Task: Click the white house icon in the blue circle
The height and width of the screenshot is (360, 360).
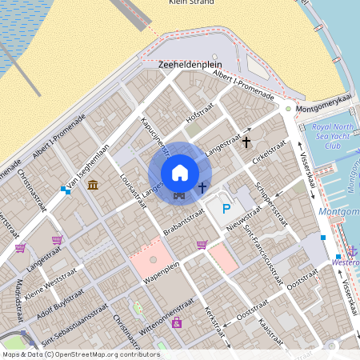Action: [x=180, y=173]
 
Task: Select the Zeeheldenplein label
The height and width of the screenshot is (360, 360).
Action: [x=190, y=63]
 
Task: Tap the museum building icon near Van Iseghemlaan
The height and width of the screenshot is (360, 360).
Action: [x=94, y=186]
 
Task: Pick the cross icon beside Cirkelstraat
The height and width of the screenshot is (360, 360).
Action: [x=246, y=142]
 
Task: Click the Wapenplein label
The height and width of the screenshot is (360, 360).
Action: [x=159, y=281]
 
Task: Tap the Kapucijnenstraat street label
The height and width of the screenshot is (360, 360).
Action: [x=156, y=135]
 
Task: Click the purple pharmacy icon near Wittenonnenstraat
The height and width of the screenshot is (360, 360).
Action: [x=177, y=322]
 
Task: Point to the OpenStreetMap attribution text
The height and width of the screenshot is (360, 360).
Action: [x=80, y=354]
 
